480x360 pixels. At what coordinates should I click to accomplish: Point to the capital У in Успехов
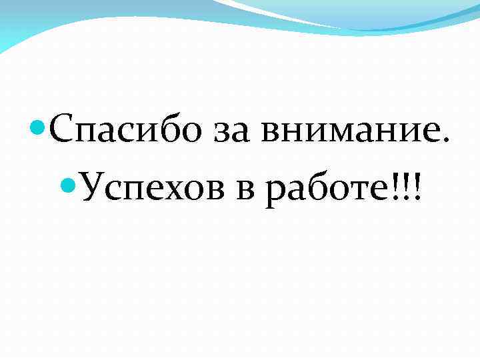click(x=94, y=187)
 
